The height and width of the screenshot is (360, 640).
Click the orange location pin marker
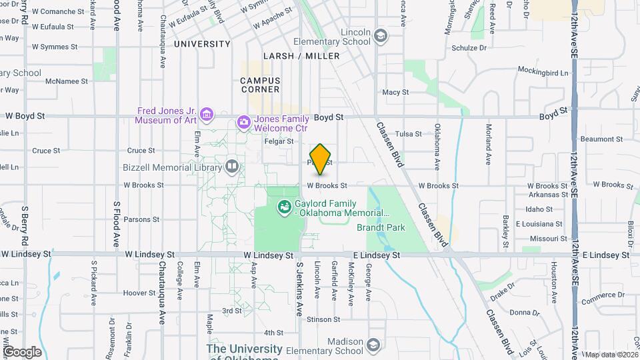[x=321, y=159]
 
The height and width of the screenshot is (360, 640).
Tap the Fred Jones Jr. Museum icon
[x=207, y=116]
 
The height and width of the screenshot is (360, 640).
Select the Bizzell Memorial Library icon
[x=232, y=165]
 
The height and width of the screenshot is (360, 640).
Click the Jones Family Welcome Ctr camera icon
[x=243, y=122]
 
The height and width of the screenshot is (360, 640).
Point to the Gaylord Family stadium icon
[x=285, y=207]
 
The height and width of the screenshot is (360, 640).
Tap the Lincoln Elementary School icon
[x=381, y=36]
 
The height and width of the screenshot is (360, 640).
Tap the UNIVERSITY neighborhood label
[x=202, y=44]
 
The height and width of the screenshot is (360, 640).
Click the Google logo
[x=22, y=351]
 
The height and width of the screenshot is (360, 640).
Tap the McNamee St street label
[x=67, y=81]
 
